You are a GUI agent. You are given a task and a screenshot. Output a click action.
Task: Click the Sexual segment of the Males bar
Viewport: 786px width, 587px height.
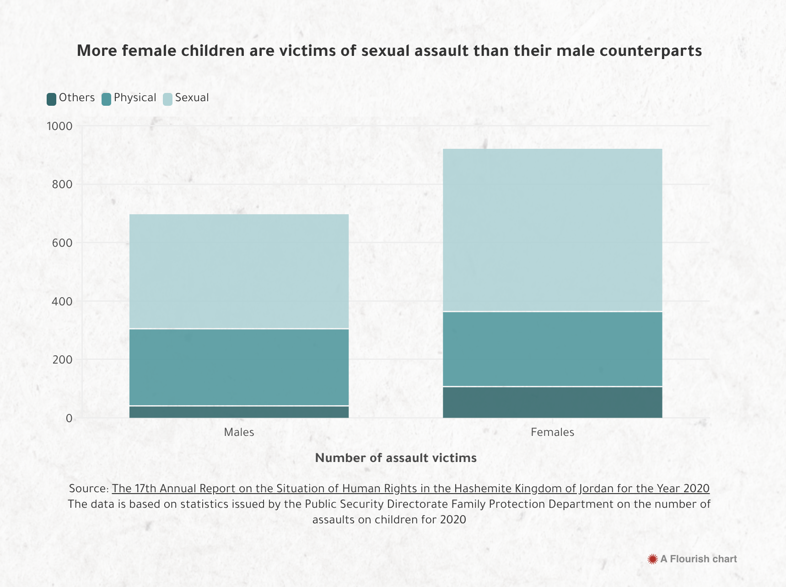[x=239, y=271]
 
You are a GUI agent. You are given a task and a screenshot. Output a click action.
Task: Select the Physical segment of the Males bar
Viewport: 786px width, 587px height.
[x=239, y=367]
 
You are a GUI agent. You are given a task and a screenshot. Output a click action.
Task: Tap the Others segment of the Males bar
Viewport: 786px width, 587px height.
[x=239, y=412]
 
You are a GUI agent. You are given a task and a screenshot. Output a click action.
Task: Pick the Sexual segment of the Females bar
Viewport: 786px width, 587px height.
[x=552, y=230]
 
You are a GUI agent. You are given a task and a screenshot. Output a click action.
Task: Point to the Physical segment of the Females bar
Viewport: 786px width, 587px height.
[x=552, y=349]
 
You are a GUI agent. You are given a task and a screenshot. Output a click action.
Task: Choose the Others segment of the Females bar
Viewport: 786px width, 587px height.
[x=552, y=402]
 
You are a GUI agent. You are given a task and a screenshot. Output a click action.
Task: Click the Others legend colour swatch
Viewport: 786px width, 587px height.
[x=52, y=98]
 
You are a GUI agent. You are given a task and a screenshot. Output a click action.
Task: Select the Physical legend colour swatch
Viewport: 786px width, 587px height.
[x=106, y=98]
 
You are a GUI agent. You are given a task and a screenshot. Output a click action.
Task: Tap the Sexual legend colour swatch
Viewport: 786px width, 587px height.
[x=168, y=98]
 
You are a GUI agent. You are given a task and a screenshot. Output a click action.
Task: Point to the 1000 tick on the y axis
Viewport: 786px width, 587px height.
[x=59, y=126]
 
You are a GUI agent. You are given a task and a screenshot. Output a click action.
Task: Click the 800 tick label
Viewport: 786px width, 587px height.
[x=62, y=185]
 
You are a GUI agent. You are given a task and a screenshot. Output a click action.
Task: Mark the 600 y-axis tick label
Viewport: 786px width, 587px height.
[x=62, y=243]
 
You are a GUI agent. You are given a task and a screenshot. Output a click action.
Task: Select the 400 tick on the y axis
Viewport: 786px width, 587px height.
[x=62, y=301]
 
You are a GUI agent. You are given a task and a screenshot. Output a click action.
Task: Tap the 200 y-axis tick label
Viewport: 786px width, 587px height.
[x=62, y=360]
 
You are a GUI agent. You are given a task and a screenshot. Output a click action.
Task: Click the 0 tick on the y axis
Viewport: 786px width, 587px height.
[x=69, y=418]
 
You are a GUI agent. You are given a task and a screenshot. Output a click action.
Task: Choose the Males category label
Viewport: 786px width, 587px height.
[x=239, y=432]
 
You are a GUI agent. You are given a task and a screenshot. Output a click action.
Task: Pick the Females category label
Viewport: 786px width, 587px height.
[x=552, y=432]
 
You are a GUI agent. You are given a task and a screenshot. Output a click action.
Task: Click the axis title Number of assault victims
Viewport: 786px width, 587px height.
[x=396, y=458]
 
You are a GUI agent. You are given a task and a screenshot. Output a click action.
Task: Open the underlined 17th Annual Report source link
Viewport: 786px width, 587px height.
[x=410, y=489]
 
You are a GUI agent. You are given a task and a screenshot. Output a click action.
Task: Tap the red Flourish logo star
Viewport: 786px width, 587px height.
[x=652, y=559]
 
